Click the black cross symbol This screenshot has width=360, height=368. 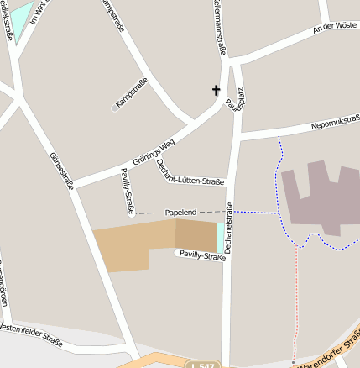point(216,90)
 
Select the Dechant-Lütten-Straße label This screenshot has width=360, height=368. point(190,171)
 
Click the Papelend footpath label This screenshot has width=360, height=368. point(180,213)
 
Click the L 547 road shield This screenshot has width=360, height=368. point(201,365)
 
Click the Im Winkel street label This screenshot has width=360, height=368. point(38,10)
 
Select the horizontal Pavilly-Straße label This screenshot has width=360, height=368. point(201,256)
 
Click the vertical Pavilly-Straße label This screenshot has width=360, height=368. point(128,188)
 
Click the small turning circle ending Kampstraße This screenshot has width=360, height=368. point(115,108)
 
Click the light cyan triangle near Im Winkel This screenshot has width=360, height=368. point(19,13)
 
